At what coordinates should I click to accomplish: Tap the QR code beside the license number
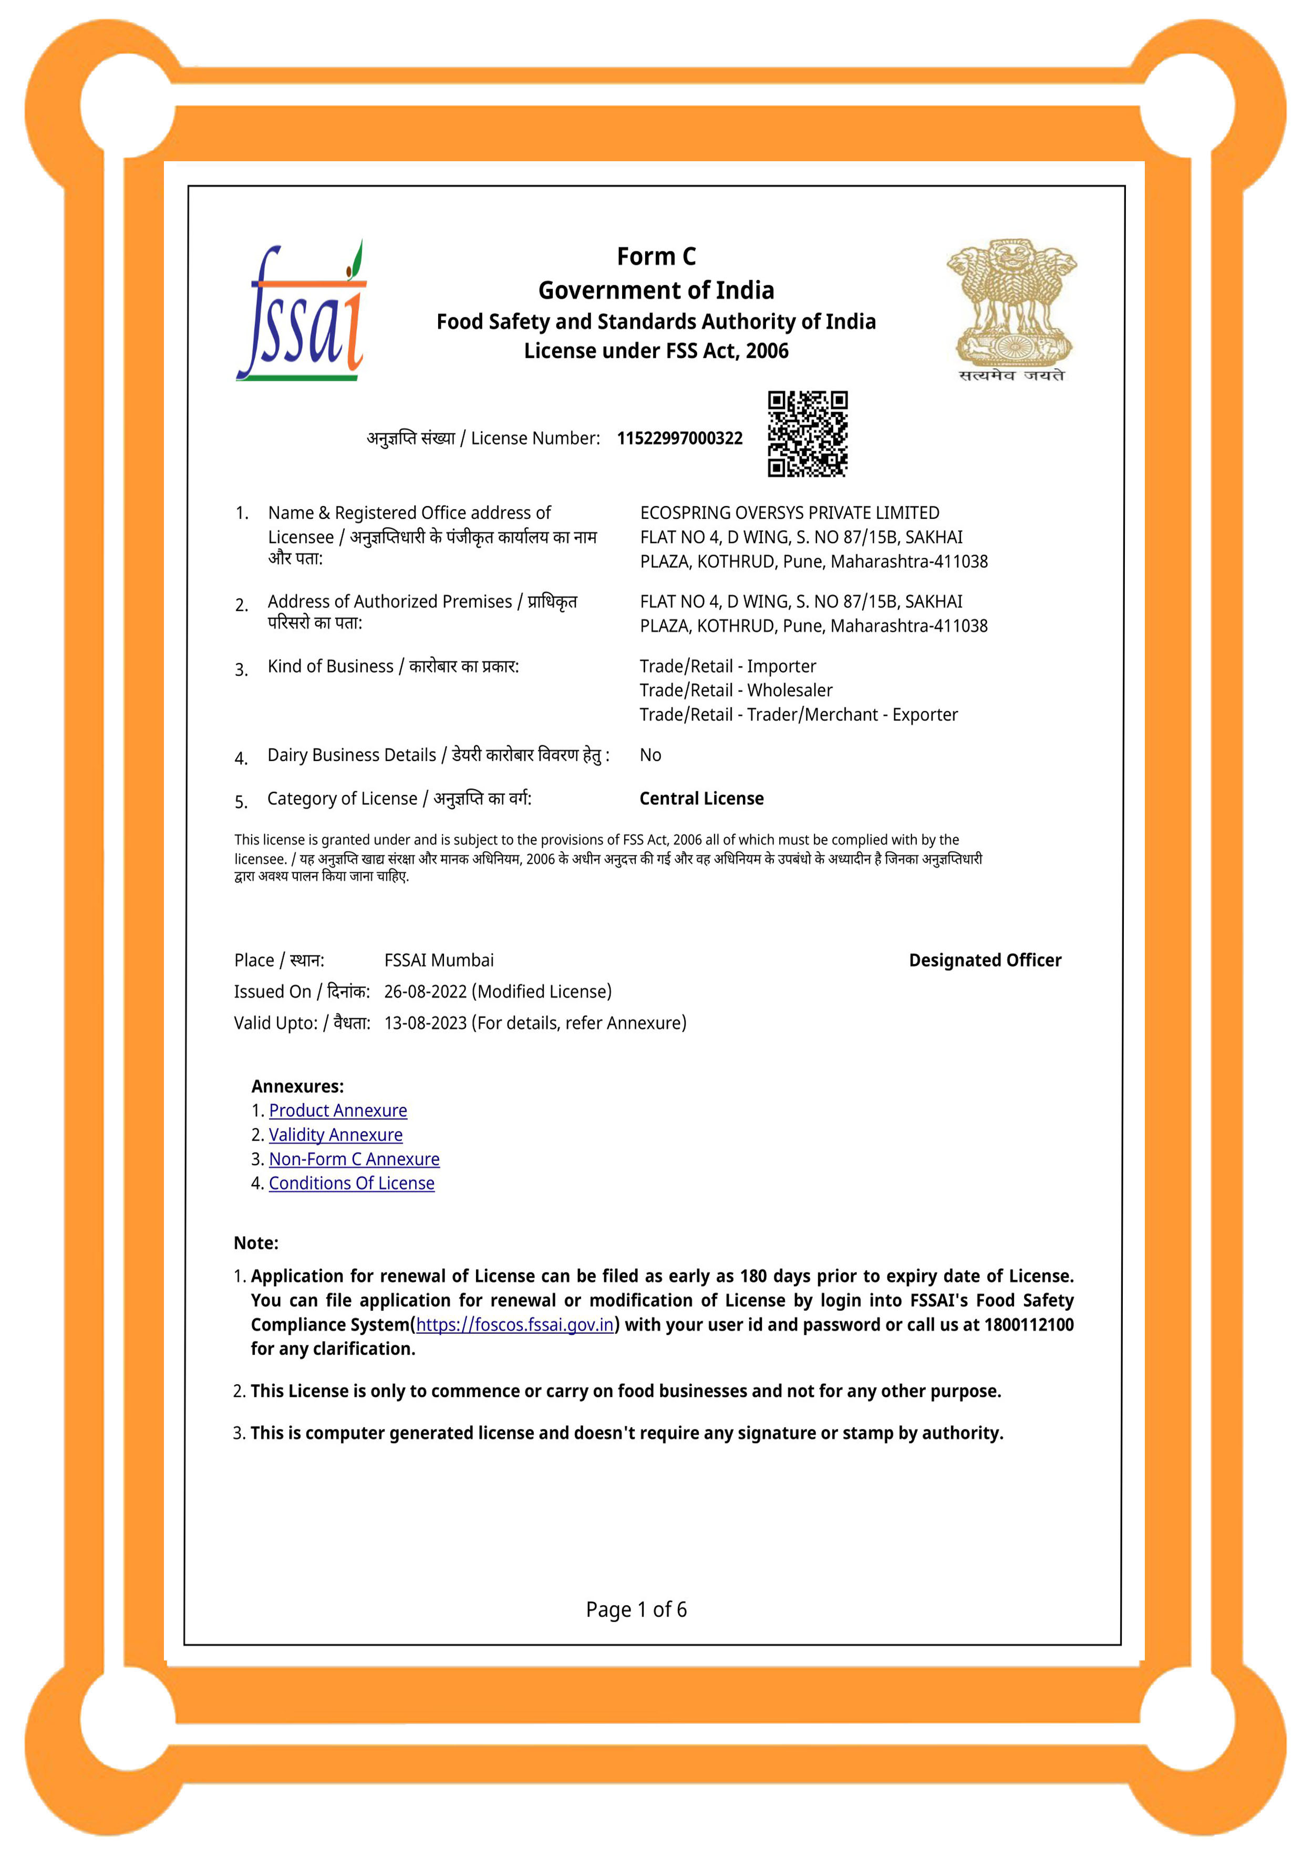pos(807,434)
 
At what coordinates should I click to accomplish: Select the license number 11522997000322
pos(679,438)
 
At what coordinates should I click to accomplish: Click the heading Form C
pos(656,257)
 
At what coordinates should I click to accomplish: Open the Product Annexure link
pos(338,1111)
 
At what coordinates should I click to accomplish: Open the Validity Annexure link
pos(336,1135)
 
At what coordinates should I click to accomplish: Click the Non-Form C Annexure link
pos(354,1159)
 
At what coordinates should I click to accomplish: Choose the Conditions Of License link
pos(351,1184)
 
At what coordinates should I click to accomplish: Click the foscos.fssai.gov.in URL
pos(514,1324)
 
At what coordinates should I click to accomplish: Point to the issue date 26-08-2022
pos(426,991)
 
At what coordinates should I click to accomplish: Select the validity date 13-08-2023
pos(426,1023)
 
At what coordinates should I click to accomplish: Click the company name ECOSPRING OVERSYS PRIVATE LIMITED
pos(789,513)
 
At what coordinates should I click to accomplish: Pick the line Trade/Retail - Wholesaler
pos(736,690)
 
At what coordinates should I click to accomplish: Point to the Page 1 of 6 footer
pos(636,1610)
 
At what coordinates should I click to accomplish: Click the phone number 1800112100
pos(1028,1324)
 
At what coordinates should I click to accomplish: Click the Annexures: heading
pos(297,1086)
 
